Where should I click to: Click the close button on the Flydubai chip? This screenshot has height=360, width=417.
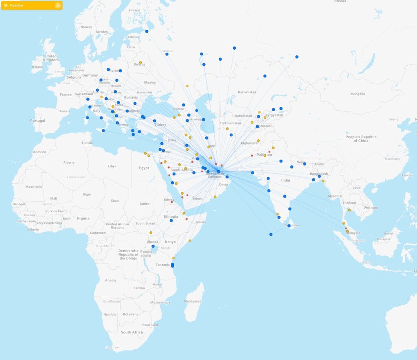[x=58, y=5]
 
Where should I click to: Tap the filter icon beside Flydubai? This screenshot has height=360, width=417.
[x=6, y=5]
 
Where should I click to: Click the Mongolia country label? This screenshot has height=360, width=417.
[x=358, y=94]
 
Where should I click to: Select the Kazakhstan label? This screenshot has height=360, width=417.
[x=247, y=92]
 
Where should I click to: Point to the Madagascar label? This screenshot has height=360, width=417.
[x=193, y=301]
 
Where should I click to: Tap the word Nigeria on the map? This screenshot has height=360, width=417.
[x=83, y=218]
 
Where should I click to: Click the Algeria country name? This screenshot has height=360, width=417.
[x=69, y=162]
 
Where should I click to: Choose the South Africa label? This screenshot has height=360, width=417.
[x=132, y=332]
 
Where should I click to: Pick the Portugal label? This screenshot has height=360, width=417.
[x=37, y=121]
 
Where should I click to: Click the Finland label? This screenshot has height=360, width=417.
[x=134, y=10]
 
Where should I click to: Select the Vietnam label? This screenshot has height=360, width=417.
[x=371, y=207]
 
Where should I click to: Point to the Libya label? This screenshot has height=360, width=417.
[x=112, y=166]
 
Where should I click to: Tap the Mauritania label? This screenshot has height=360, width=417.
[x=34, y=187]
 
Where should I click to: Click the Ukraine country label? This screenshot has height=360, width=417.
[x=149, y=83]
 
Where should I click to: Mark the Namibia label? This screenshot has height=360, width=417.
[x=110, y=314]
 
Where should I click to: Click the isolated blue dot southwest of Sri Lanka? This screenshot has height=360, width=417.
[x=271, y=234]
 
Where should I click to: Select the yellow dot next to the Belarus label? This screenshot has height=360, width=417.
[x=140, y=63]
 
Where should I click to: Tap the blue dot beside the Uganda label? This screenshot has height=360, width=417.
[x=153, y=246]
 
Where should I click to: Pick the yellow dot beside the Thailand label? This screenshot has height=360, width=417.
[x=349, y=210]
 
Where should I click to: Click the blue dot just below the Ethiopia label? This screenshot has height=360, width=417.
[x=171, y=221]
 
